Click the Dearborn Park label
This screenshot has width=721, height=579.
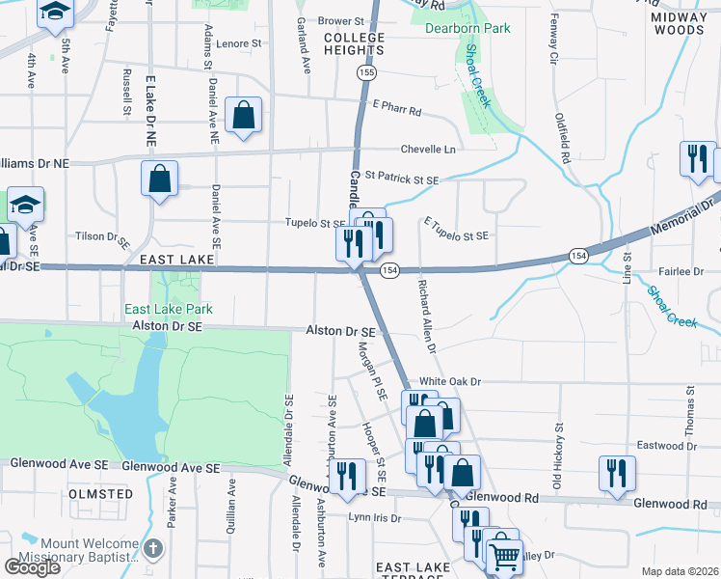click(467, 28)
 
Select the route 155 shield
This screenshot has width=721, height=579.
click(365, 72)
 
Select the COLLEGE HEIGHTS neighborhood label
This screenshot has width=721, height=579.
click(354, 44)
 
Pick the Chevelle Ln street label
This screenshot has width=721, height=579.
click(428, 150)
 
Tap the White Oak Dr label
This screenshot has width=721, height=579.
click(448, 382)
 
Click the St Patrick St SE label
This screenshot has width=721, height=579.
click(401, 179)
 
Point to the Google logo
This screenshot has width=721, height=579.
click(33, 566)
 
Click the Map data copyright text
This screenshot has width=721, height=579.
click(680, 571)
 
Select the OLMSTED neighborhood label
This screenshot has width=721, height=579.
click(100, 494)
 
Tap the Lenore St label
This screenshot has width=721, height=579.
click(239, 43)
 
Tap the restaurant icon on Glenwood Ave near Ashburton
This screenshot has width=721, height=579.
click(346, 475)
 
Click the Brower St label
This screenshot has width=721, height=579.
click(341, 20)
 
